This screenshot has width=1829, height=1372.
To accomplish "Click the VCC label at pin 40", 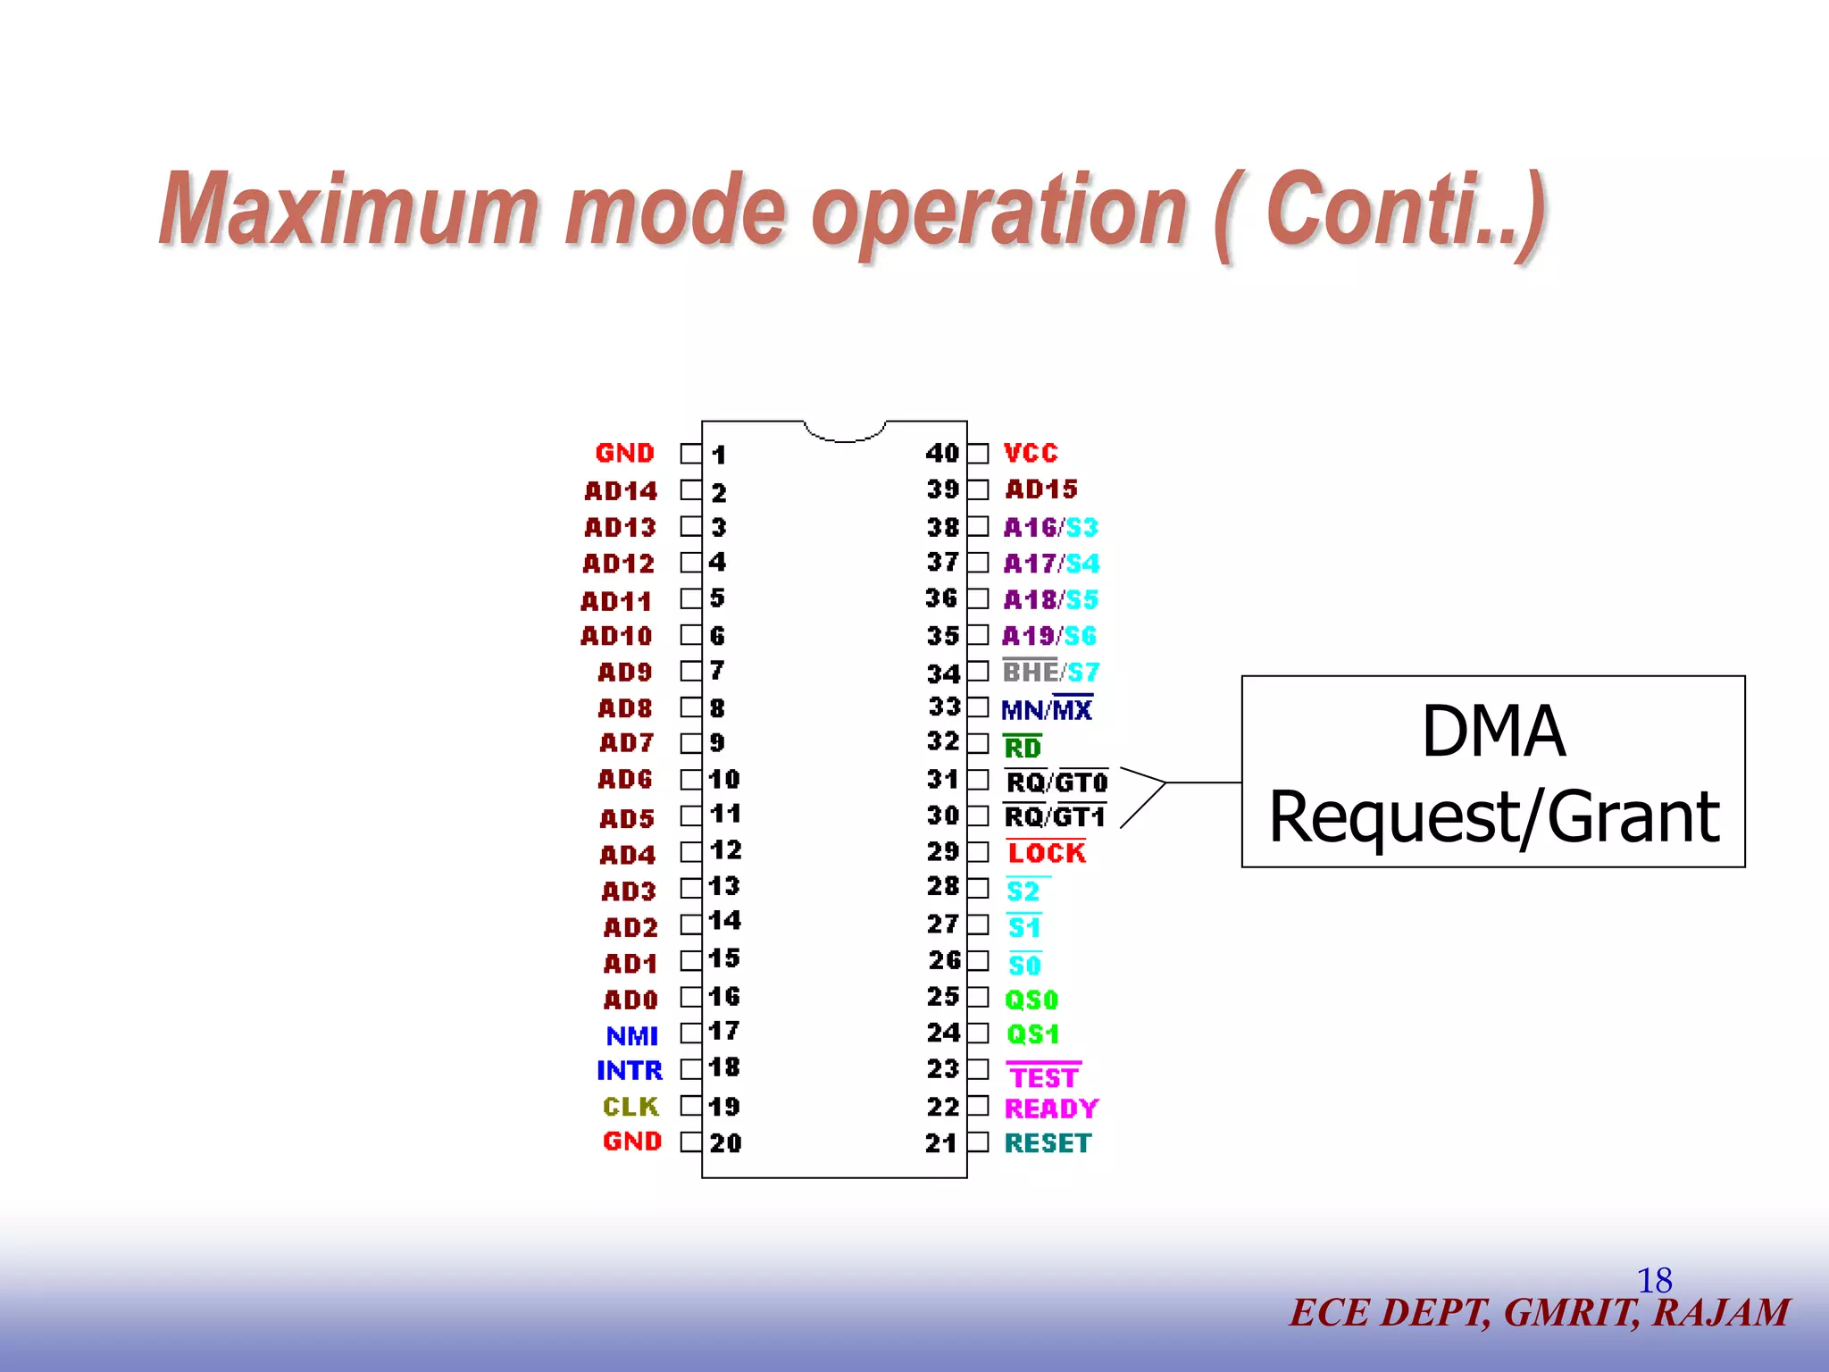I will click(1030, 453).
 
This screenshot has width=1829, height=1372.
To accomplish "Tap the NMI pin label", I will click(631, 1036).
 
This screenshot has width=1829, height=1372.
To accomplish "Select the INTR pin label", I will click(629, 1070).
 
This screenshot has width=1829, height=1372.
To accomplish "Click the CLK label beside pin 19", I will click(630, 1107).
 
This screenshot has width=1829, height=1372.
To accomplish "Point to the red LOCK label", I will click(1046, 853).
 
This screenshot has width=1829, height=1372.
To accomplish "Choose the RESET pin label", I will click(1048, 1143).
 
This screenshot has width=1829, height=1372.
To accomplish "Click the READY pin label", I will click(1050, 1108).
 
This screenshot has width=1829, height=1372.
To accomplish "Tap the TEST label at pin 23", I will click(1043, 1077).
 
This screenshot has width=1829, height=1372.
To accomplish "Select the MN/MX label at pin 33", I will click(1046, 710).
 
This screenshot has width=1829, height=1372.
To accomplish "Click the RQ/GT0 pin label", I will click(1056, 782).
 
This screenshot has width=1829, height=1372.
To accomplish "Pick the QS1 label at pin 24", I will click(1032, 1034).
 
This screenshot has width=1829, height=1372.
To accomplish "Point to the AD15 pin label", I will click(1040, 489).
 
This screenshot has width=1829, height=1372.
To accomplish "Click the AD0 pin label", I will click(630, 1000).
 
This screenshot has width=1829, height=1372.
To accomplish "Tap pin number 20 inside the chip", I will click(725, 1143).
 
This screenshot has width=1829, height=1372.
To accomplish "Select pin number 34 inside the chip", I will click(942, 673).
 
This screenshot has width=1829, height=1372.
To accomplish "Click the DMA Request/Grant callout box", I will click(1492, 772).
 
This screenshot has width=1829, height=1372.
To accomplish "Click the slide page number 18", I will click(1654, 1281).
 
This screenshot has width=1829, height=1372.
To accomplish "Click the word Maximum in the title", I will click(348, 210).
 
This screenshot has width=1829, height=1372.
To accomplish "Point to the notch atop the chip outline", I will click(844, 432).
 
